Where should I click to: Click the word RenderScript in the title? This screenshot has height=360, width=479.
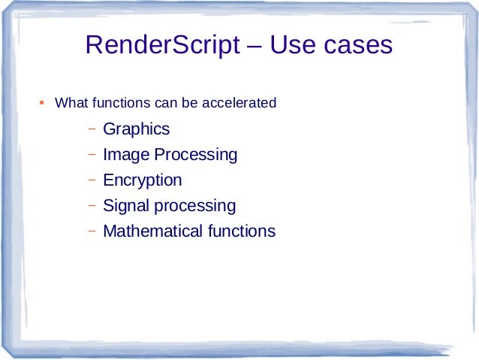(162, 46)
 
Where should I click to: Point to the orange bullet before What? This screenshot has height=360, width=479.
(43, 102)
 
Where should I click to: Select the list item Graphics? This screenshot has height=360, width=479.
(136, 129)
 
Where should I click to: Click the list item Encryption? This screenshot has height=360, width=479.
(142, 180)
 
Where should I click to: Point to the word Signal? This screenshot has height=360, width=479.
(125, 206)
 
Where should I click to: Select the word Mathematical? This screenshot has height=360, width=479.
(152, 231)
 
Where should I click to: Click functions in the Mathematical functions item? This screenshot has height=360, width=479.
(241, 231)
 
